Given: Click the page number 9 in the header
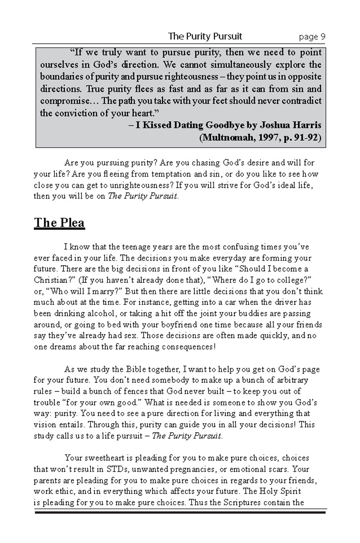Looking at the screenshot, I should (323, 36).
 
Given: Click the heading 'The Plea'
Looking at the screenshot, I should (59, 223).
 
